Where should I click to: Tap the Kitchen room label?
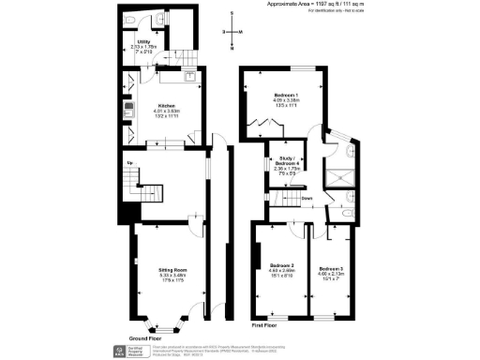tap(167, 105)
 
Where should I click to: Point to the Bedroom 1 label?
tap(285, 96)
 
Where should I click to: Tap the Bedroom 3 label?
tap(330, 269)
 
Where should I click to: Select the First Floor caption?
tap(265, 324)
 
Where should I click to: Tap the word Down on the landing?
tap(307, 198)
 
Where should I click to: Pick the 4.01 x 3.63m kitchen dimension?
tap(167, 112)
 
